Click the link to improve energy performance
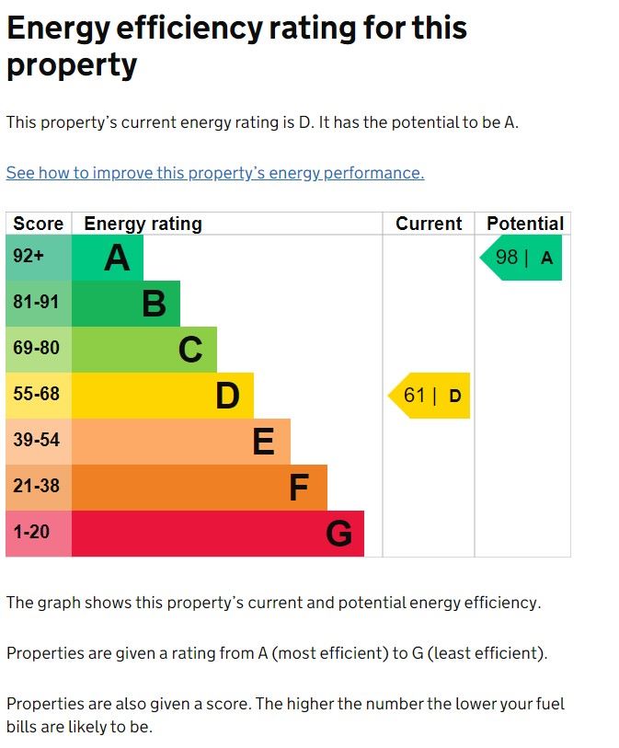click(x=215, y=173)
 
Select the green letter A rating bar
click(x=108, y=258)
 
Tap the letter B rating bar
click(x=126, y=304)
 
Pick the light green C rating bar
click(x=144, y=350)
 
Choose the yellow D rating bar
click(x=163, y=396)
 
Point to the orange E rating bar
click(x=181, y=442)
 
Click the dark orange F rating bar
click(x=200, y=488)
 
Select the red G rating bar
click(x=218, y=534)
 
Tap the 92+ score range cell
click(x=39, y=258)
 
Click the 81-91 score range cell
click(x=39, y=304)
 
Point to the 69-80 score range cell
click(x=39, y=350)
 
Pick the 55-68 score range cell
click(x=39, y=396)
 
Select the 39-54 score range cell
click(x=39, y=442)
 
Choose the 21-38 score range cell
click(x=39, y=488)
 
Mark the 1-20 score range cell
click(x=39, y=534)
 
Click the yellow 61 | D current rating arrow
click(x=430, y=396)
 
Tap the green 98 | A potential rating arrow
click(x=522, y=258)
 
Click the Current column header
click(x=429, y=224)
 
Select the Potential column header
click(x=524, y=224)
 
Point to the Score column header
click(x=39, y=224)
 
